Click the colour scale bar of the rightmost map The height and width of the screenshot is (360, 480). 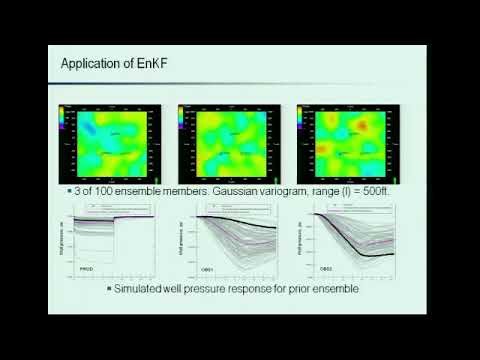click(x=302, y=116)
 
